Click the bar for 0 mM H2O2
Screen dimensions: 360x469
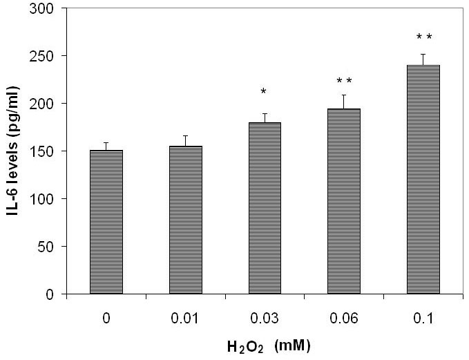(x=106, y=222)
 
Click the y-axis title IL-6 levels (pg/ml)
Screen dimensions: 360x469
(x=14, y=151)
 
